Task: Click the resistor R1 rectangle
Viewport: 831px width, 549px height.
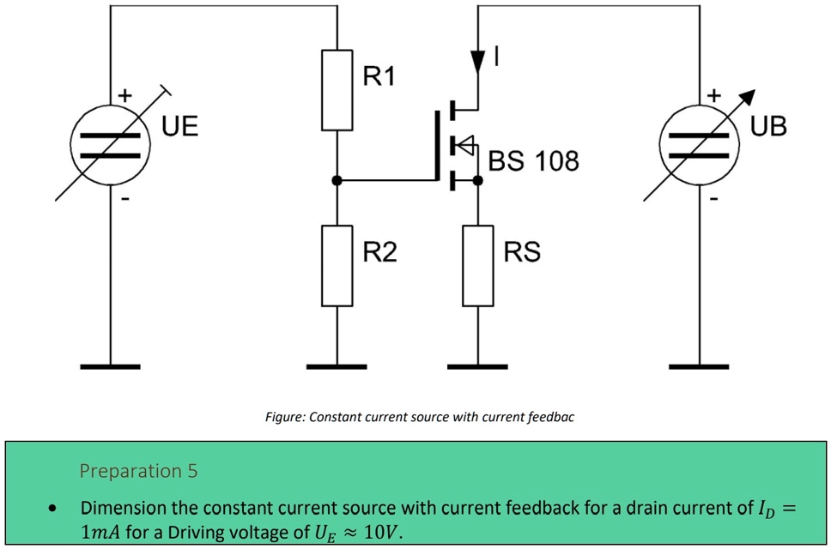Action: tap(337, 89)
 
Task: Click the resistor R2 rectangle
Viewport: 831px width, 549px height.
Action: tap(337, 265)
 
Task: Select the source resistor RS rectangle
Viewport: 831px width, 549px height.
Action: tap(478, 265)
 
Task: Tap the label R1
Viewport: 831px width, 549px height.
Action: tap(379, 76)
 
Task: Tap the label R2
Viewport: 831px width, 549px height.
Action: tap(379, 252)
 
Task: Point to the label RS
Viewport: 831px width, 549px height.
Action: tap(522, 252)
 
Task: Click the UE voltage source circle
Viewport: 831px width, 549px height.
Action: tap(110, 145)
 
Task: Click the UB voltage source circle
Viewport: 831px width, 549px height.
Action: tap(699, 145)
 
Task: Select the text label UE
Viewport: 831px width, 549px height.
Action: tap(179, 127)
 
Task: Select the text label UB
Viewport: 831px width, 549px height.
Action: tap(767, 127)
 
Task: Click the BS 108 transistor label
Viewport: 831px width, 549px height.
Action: tap(533, 160)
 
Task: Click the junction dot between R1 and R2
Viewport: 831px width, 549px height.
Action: tap(337, 180)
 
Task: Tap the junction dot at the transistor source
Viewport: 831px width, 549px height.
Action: tap(478, 180)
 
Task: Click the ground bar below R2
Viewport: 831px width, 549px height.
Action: tap(337, 366)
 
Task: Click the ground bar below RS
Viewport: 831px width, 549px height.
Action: tap(478, 366)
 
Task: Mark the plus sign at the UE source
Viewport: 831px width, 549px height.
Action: tap(124, 96)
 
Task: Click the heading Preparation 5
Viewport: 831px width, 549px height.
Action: tap(138, 471)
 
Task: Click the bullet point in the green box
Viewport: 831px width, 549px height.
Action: tap(54, 509)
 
